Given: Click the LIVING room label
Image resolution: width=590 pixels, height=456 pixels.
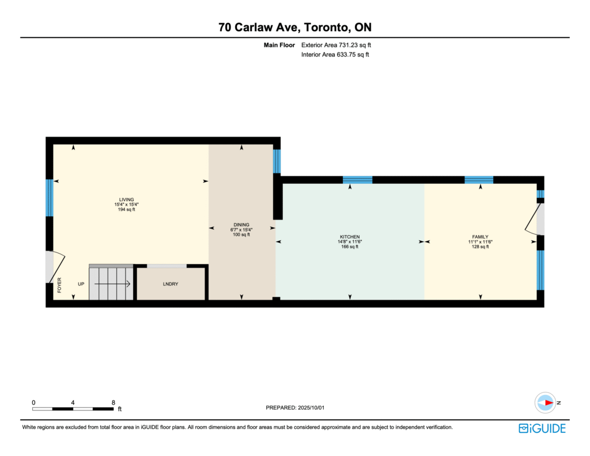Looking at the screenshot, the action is [126, 199].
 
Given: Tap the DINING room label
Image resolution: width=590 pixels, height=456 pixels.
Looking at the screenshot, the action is [241, 225].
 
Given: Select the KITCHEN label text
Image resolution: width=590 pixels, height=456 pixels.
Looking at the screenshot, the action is [350, 237].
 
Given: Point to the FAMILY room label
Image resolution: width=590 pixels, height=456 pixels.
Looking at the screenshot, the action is [480, 237].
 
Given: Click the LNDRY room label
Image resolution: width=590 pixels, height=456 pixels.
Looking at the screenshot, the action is [171, 284].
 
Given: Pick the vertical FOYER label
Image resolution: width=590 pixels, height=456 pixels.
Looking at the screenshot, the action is [59, 285].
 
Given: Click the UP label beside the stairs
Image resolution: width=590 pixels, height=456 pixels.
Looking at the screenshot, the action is [81, 284].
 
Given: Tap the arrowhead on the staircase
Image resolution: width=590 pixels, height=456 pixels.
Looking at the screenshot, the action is [128, 284].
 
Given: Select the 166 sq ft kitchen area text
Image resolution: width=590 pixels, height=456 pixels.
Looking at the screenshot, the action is [350, 247].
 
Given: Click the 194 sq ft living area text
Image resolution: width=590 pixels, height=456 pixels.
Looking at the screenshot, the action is [126, 209].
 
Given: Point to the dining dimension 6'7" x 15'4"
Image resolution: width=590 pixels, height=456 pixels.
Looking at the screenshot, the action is [241, 229].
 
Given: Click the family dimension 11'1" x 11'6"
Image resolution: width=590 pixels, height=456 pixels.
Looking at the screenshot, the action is [480, 242].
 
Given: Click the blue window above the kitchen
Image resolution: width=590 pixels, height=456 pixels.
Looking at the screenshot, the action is [357, 180].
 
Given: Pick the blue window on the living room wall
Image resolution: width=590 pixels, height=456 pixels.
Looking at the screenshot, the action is [50, 198].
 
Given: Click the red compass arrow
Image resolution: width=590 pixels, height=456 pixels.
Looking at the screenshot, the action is [549, 402].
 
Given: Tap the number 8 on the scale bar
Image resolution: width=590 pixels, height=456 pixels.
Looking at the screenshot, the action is [114, 402].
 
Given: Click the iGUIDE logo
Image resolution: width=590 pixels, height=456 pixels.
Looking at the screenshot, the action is [542, 428].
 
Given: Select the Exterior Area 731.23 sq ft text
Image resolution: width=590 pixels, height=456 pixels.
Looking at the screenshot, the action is [336, 45].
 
